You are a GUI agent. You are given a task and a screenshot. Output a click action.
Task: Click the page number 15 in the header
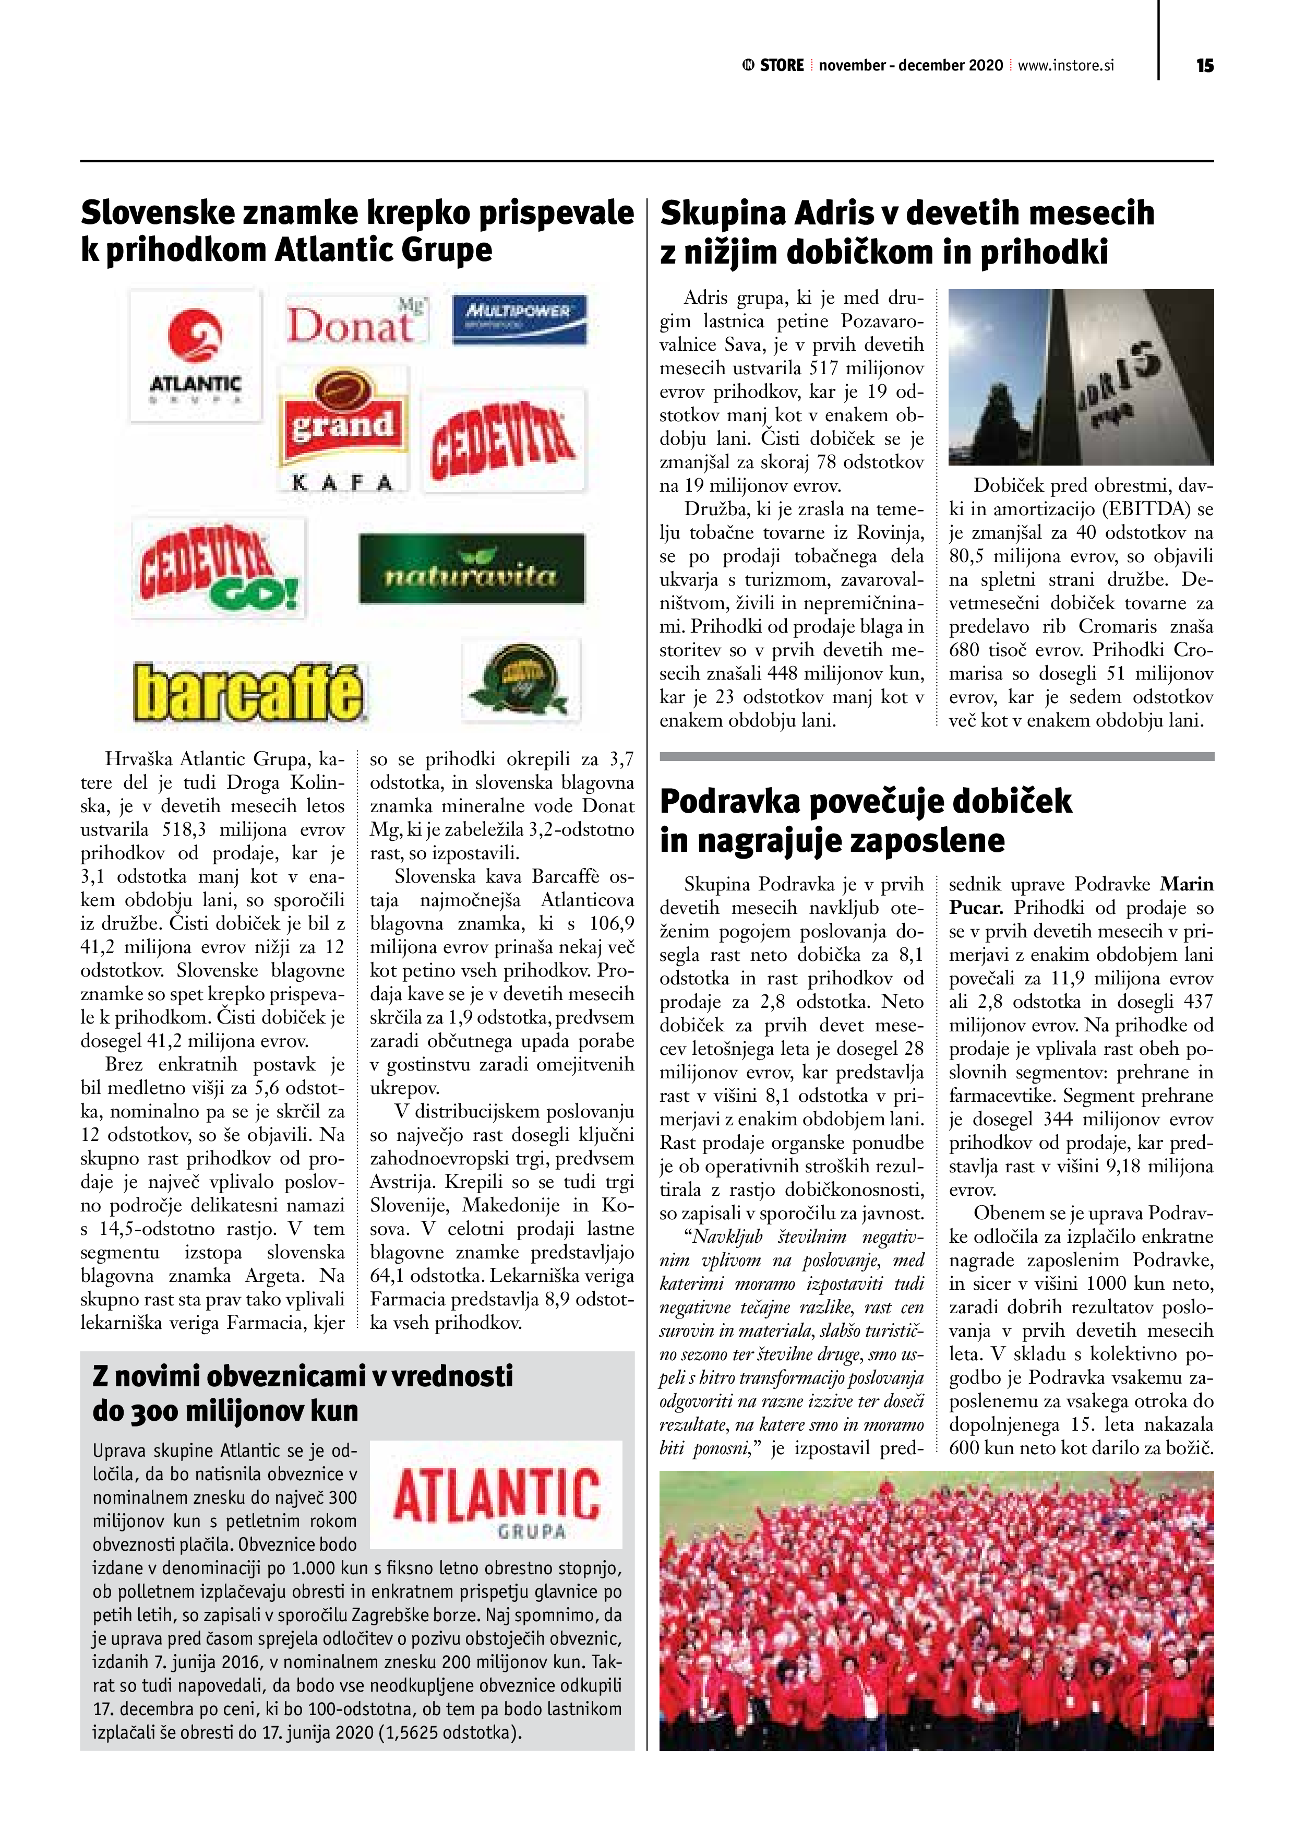pyautogui.click(x=1204, y=65)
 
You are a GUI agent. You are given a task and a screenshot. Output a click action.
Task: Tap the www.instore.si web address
pyautogui.click(x=1065, y=65)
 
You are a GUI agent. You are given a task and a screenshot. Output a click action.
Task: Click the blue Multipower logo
pyautogui.click(x=519, y=319)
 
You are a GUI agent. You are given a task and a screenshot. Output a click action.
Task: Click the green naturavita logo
pyautogui.click(x=471, y=568)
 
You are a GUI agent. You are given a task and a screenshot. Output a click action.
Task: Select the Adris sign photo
pyautogui.click(x=1080, y=377)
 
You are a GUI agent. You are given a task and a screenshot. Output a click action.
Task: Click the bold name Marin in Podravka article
pyautogui.click(x=1187, y=884)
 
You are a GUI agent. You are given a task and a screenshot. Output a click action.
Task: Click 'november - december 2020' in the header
pyautogui.click(x=910, y=65)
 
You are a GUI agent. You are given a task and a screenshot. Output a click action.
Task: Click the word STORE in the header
pyautogui.click(x=781, y=65)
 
